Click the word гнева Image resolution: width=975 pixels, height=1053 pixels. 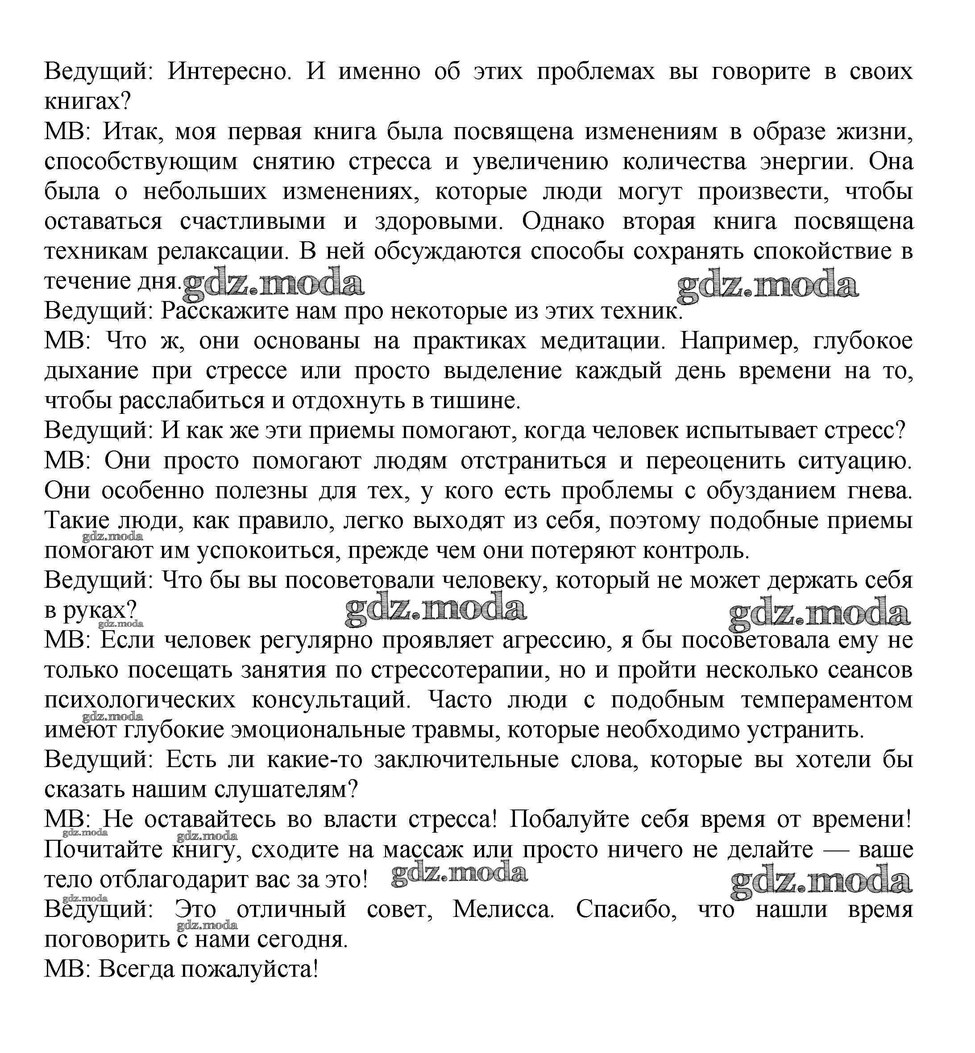click(x=880, y=491)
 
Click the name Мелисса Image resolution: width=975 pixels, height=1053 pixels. click(x=503, y=910)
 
